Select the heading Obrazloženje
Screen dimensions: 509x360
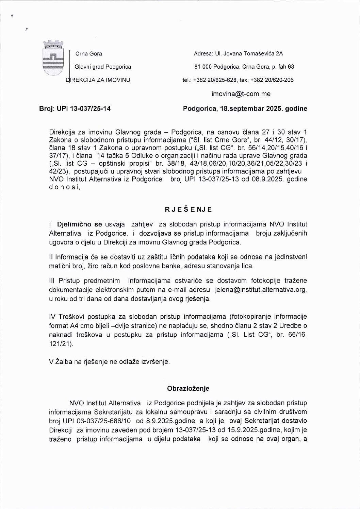coord(188,388)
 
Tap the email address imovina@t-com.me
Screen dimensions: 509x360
coord(241,94)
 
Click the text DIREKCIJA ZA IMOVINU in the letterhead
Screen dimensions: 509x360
coord(98,80)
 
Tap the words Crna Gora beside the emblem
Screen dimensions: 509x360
coord(88,54)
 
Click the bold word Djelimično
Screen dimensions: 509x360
coord(75,224)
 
